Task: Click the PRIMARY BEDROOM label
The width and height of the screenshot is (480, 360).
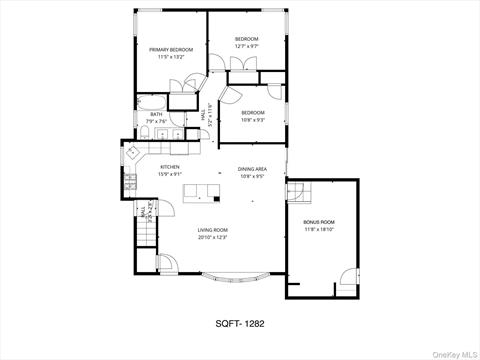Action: tap(171, 49)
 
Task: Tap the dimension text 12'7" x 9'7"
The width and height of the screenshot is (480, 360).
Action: tap(247, 46)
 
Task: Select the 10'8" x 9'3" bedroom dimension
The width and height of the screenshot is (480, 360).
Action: tap(252, 120)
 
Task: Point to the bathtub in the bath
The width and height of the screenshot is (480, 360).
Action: tap(151, 101)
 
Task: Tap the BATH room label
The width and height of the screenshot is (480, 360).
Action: tap(156, 115)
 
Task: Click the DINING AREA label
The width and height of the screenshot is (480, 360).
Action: tap(251, 169)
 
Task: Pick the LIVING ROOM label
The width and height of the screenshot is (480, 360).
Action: tap(214, 230)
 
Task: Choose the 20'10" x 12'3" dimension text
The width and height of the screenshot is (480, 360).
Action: tap(214, 238)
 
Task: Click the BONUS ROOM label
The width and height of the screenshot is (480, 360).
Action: tap(318, 221)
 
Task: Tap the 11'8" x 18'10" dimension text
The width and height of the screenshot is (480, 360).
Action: tap(318, 229)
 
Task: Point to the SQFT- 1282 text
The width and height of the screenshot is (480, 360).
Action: tap(240, 323)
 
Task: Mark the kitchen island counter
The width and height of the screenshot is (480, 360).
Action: tap(202, 192)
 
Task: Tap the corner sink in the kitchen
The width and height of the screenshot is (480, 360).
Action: tap(132, 153)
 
